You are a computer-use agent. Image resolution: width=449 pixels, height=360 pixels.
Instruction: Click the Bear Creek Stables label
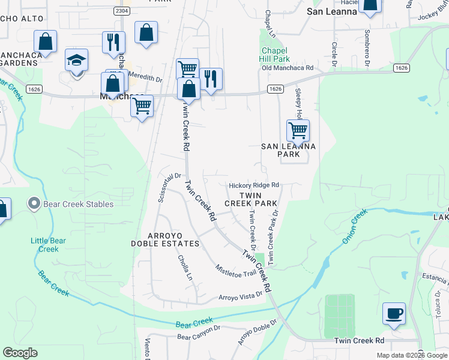click(78, 204)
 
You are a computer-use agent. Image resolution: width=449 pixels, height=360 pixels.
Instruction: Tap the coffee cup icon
click(394, 314)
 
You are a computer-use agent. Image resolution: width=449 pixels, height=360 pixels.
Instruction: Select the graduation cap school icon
click(77, 61)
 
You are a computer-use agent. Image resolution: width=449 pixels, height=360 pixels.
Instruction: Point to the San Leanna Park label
click(288, 150)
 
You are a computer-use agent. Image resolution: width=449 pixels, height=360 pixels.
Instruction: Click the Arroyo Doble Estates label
click(166, 239)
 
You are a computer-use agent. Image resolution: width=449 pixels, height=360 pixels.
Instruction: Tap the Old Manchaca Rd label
click(288, 68)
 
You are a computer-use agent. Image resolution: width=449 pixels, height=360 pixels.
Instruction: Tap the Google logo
click(20, 353)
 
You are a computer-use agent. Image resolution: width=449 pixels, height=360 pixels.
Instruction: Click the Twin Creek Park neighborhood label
click(251, 200)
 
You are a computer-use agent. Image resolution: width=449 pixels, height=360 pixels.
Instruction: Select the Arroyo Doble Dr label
click(257, 332)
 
